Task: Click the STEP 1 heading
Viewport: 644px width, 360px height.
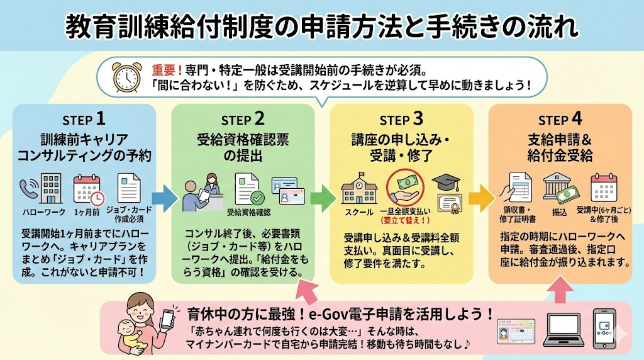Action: pos(84,120)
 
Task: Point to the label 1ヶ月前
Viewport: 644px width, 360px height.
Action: pos(86,211)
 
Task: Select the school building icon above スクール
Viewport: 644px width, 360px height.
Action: pos(359,188)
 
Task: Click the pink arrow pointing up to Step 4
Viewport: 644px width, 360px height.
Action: pos(564,289)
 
